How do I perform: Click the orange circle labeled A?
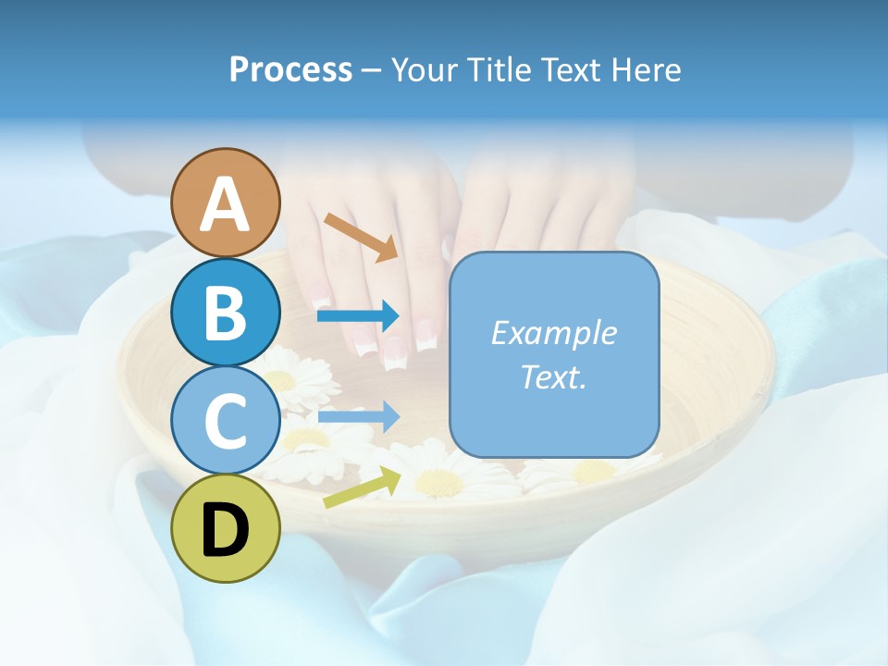(226, 203)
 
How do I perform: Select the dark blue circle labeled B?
(226, 312)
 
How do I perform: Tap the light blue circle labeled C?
(226, 420)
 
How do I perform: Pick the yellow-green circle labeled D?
(226, 529)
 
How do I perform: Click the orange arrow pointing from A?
(362, 237)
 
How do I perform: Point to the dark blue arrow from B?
(359, 316)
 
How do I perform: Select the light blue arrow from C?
(359, 417)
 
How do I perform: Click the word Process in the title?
(290, 69)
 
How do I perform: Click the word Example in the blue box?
(553, 333)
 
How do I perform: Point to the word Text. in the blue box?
(553, 376)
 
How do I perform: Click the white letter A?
(226, 204)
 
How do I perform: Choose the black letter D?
(226, 530)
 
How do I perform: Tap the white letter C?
(226, 421)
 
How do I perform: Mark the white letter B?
(226, 313)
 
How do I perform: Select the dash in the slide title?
(372, 71)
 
